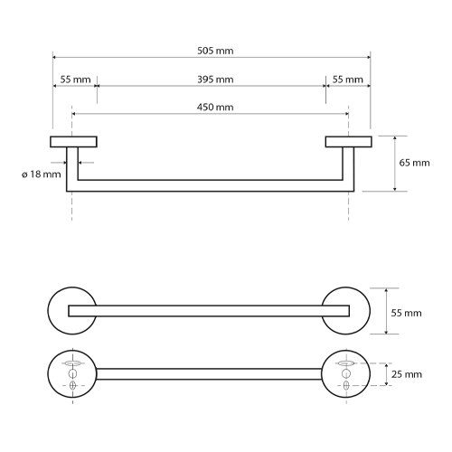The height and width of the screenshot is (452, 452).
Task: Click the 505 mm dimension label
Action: (x=215, y=51)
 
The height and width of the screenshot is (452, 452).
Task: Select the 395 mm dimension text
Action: (x=215, y=80)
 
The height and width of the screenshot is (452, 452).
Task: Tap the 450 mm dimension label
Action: (x=215, y=108)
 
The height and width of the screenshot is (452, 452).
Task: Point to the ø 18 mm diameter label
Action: (x=42, y=174)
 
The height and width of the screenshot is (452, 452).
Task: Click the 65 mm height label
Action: (x=414, y=163)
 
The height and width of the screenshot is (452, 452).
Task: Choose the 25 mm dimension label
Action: (x=407, y=374)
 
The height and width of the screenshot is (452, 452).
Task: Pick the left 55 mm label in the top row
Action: (x=75, y=80)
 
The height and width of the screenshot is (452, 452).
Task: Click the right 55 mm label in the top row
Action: (x=348, y=80)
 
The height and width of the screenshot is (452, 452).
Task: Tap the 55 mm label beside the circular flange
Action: (x=406, y=313)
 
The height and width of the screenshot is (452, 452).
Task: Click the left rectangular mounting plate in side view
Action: (x=73, y=142)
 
